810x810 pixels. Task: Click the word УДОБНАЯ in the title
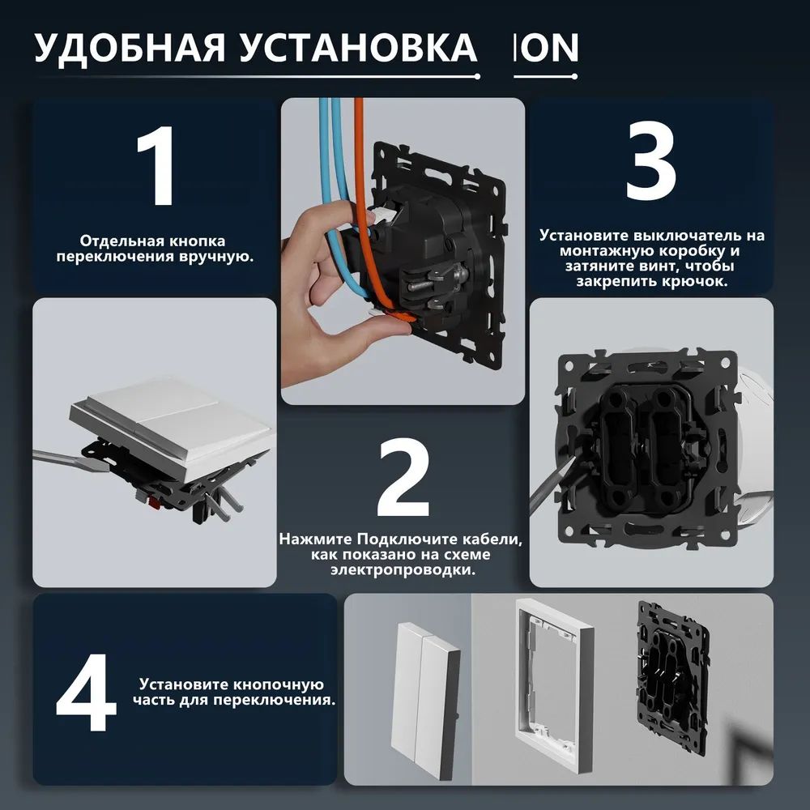pyautogui.click(x=130, y=48)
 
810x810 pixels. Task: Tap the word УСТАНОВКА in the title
pyautogui.click(x=358, y=48)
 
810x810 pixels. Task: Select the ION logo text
pyautogui.click(x=546, y=48)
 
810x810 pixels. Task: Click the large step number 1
pyautogui.click(x=157, y=165)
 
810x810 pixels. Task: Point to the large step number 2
pyautogui.click(x=403, y=478)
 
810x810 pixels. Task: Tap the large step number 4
pyautogui.click(x=87, y=693)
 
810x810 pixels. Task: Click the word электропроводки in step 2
pyautogui.click(x=403, y=569)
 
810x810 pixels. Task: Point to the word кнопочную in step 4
pyautogui.click(x=278, y=684)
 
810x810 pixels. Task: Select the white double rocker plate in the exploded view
pyautogui.click(x=424, y=701)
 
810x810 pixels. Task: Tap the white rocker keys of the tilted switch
pyautogui.click(x=170, y=419)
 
